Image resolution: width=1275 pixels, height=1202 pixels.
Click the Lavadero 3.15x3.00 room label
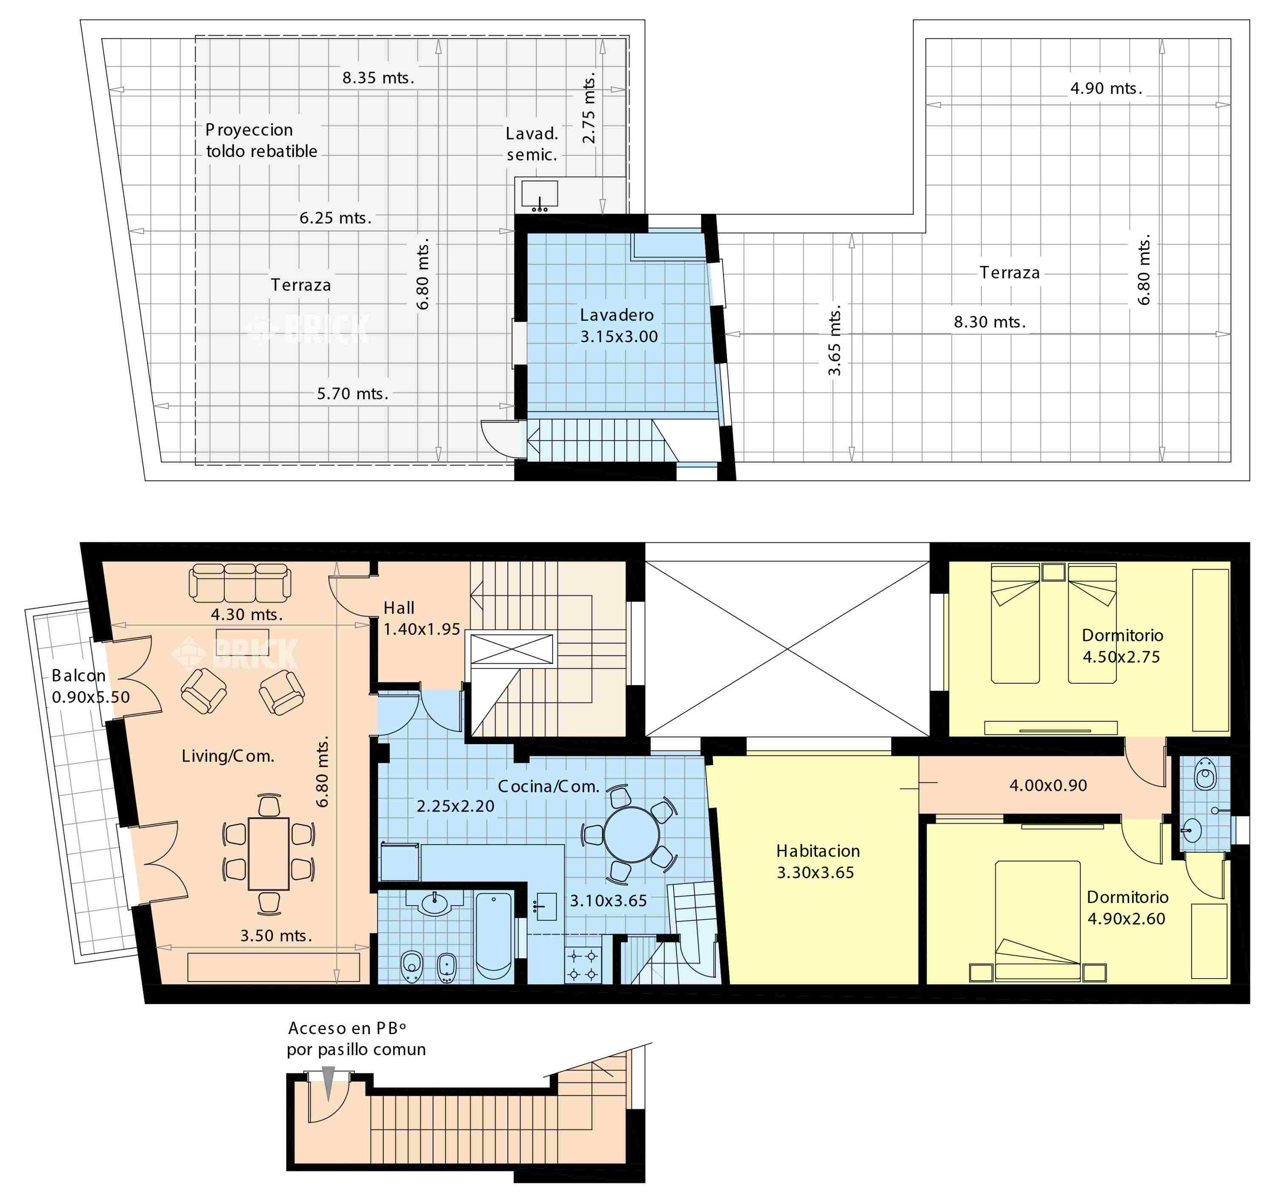coord(619,326)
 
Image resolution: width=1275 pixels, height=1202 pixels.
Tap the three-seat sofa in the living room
coord(240,582)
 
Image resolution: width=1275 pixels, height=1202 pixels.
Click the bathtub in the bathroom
coord(494,935)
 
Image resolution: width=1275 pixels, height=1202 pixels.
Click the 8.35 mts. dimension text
coord(378,78)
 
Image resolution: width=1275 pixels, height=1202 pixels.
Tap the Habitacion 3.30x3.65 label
coord(818,862)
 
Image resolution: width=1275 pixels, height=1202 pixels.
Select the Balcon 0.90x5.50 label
coord(91,686)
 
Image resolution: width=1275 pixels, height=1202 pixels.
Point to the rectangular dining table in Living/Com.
coord(269,853)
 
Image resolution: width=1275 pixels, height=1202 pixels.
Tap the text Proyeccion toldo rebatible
coord(261,141)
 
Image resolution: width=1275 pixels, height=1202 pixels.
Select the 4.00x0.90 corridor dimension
coord(1048,785)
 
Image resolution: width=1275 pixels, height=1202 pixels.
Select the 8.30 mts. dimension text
coord(989,322)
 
